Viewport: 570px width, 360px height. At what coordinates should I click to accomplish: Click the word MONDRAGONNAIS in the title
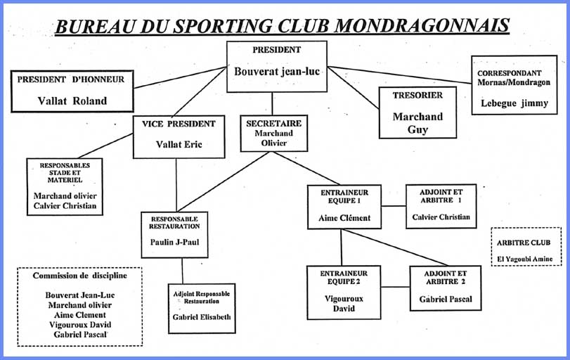point(421,25)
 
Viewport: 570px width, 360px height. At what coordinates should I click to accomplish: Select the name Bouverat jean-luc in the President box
point(276,71)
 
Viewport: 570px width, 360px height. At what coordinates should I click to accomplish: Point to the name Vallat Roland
point(72,101)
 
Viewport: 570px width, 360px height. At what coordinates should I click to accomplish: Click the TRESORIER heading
point(417,96)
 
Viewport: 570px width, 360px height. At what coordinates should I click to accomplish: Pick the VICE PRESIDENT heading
point(179,124)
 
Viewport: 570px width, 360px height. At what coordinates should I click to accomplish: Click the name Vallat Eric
point(180,145)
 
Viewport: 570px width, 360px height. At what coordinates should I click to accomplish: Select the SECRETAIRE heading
point(273,123)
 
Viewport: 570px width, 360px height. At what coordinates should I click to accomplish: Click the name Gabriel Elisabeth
point(202,317)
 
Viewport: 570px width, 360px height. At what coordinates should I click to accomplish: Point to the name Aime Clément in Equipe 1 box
point(344,218)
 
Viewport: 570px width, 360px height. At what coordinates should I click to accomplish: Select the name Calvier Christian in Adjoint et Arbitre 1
point(441,217)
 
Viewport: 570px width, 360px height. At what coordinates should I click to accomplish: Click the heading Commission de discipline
point(79,276)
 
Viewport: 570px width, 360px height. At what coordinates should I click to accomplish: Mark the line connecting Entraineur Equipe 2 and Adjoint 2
point(395,287)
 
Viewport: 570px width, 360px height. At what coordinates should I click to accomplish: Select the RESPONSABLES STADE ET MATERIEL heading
point(64,173)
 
